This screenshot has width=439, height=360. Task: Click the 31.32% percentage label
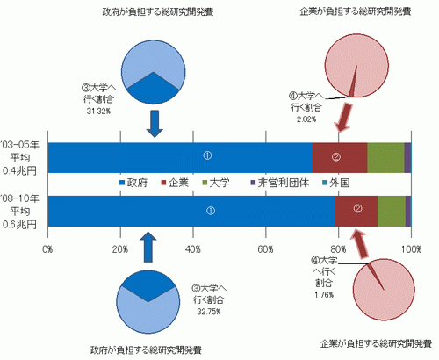pos(98,112)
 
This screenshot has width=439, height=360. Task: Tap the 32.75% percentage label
pos(209,312)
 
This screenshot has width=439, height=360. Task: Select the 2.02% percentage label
pos(306,119)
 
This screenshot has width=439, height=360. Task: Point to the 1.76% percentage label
pos(324,295)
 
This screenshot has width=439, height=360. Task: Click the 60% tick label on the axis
pos(266,249)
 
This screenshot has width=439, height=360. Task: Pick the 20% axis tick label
pos(120,249)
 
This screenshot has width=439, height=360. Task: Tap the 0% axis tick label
pos(47,249)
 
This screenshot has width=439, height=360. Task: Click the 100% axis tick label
pos(411,249)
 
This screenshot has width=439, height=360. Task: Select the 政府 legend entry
pos(133,183)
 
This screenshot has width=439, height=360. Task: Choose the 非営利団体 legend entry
pos(280,183)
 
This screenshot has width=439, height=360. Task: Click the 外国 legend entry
pos(336,183)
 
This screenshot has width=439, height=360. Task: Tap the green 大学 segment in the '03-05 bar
pos(385,158)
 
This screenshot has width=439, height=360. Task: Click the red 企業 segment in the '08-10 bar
pos(356,211)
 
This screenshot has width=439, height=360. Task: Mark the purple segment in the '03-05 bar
pos(407,158)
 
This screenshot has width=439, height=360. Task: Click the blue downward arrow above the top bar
pos(155,124)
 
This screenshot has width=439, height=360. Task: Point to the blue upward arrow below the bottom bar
pos(148,248)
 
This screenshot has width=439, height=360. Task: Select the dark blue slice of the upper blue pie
pos(153,90)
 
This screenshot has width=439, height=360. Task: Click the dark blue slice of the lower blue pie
pos(148,284)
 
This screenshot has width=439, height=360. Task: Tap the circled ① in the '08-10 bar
pos(211,211)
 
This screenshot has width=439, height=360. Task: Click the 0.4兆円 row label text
pos(19,170)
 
